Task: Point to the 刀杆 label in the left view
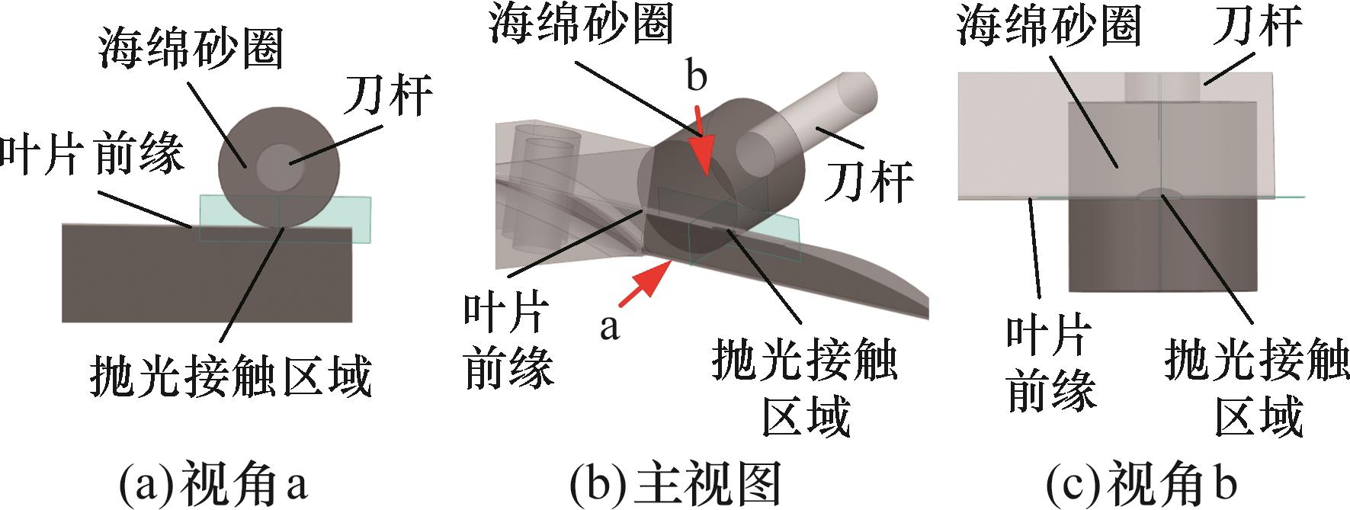click(389, 95)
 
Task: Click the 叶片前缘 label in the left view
click(91, 153)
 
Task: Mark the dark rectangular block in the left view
click(206, 282)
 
